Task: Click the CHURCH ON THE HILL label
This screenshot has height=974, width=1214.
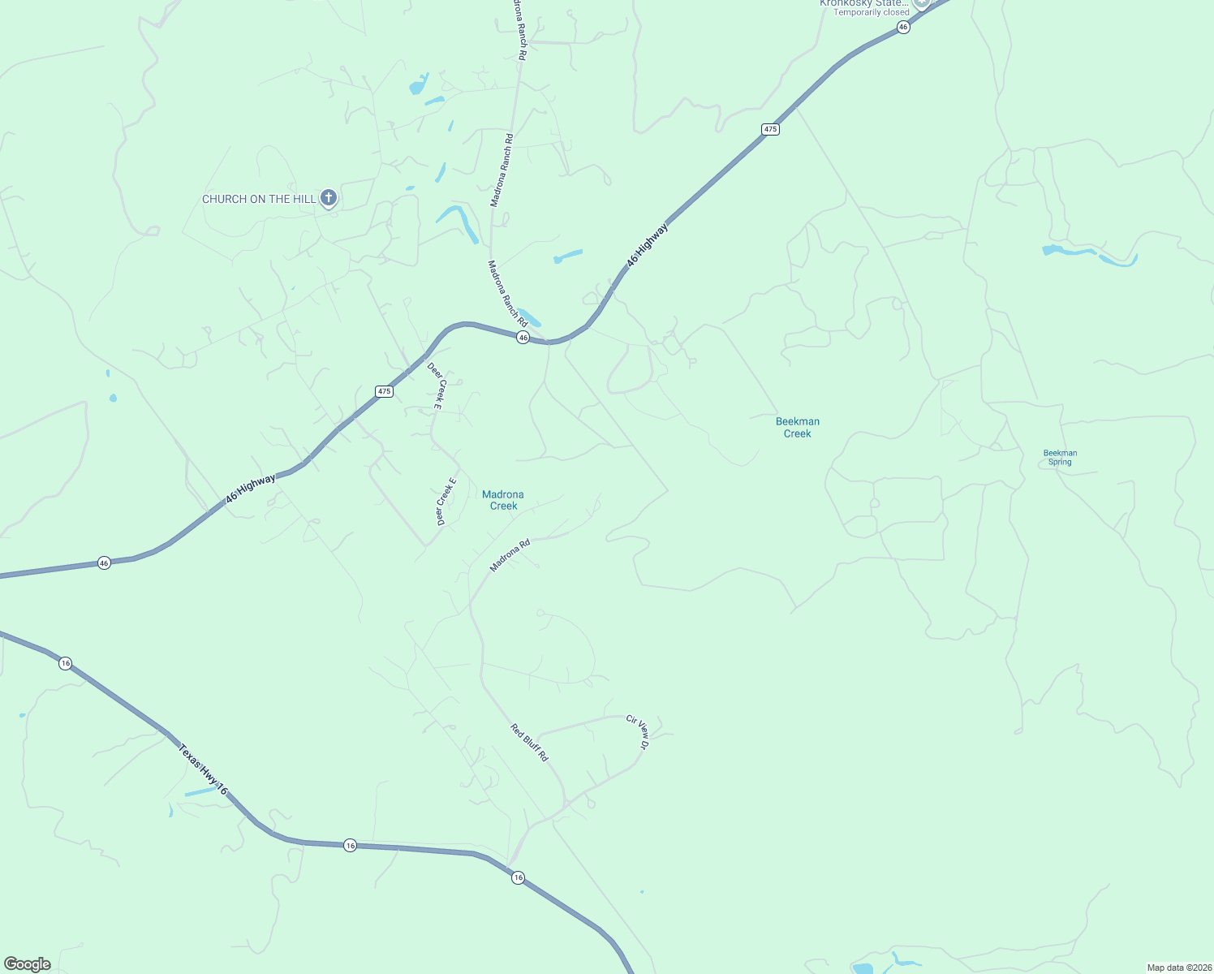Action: click(x=258, y=199)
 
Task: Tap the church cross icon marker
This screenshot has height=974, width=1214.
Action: click(x=329, y=197)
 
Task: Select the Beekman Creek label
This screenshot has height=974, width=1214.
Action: click(x=798, y=427)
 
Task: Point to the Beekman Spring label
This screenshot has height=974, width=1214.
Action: click(x=1060, y=458)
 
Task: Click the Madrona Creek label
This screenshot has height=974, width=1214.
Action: click(x=503, y=500)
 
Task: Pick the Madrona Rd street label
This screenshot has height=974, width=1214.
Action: click(x=510, y=556)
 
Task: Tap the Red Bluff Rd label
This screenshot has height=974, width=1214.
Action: click(x=529, y=742)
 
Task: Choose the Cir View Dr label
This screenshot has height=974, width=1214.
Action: click(x=639, y=731)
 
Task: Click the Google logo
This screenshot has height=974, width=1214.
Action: click(x=28, y=964)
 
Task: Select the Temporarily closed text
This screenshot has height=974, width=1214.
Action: click(x=872, y=12)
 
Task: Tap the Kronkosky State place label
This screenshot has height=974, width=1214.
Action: click(x=864, y=3)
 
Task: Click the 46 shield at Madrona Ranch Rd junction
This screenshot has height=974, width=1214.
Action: click(x=523, y=338)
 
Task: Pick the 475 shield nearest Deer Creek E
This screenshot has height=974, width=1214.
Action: click(x=385, y=391)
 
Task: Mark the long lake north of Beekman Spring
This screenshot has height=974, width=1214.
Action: click(x=1087, y=253)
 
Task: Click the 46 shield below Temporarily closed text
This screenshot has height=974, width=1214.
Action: click(x=903, y=27)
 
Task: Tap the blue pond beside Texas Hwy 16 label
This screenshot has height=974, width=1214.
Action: click(x=200, y=791)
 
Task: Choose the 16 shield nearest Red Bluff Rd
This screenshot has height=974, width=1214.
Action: click(x=518, y=877)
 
